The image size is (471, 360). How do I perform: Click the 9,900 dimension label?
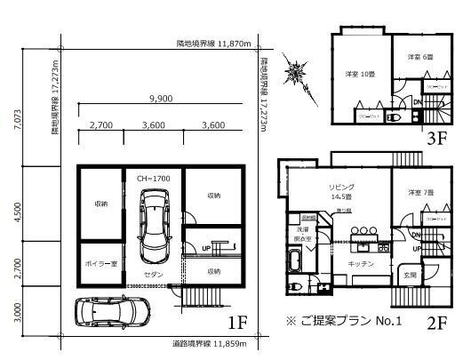point(161,98)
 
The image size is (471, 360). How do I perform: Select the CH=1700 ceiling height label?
point(154,179)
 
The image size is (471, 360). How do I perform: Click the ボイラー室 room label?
point(100,264)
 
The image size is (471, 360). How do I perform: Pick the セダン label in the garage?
point(154,276)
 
